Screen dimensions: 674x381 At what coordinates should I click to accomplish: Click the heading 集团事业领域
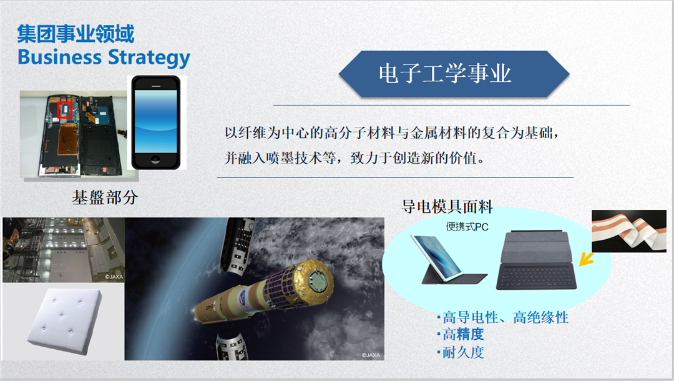tap(76, 34)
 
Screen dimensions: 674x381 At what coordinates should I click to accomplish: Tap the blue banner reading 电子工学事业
tap(454, 74)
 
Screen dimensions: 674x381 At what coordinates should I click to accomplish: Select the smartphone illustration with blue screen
tap(156, 122)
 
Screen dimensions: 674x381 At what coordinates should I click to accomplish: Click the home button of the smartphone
tap(155, 160)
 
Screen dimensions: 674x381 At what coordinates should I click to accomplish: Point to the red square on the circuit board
tap(64, 110)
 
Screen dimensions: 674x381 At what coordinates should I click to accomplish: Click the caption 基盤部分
tap(105, 197)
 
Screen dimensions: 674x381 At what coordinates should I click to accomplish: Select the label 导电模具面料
tap(447, 207)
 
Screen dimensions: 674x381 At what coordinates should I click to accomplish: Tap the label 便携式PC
tap(467, 227)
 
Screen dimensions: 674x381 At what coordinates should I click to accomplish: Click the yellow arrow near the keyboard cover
tap(586, 259)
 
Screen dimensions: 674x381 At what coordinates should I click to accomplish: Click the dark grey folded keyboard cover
tap(537, 260)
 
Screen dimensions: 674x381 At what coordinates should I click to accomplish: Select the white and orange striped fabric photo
tap(629, 231)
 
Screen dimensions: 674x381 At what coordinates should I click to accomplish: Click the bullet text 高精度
tap(461, 334)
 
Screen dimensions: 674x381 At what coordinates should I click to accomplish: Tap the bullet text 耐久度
tap(461, 353)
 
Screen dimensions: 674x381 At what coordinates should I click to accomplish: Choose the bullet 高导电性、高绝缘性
tap(503, 317)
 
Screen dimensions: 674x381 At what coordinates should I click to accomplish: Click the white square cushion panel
tap(65, 320)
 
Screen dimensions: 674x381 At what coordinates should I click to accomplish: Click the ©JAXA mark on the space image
tap(371, 355)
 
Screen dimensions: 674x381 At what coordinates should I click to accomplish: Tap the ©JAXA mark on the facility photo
tap(114, 277)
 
